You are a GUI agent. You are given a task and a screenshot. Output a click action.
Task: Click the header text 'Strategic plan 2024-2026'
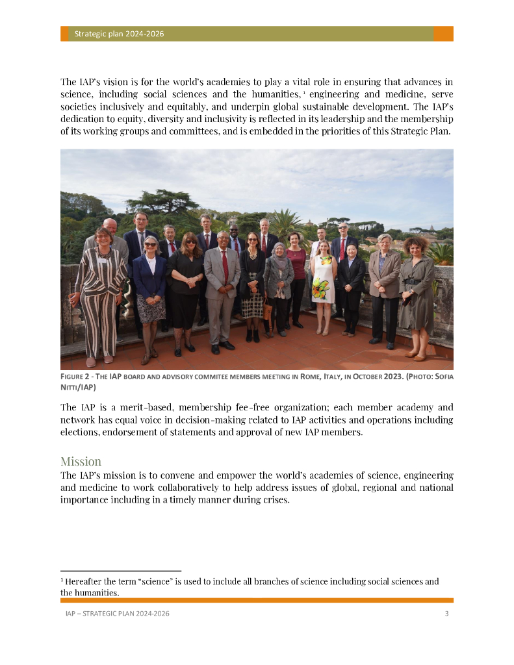pyautogui.click(x=118, y=34)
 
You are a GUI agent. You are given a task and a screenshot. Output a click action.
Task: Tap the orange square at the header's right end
pyautogui.click(x=443, y=34)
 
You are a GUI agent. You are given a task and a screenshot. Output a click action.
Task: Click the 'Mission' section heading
pyautogui.click(x=81, y=461)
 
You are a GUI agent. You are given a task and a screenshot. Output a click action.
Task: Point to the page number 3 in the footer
pyautogui.click(x=446, y=614)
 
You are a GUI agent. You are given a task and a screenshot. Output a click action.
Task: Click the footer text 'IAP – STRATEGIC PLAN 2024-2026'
pyautogui.click(x=118, y=614)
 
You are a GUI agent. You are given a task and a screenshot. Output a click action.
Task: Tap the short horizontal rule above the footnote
pyautogui.click(x=120, y=571)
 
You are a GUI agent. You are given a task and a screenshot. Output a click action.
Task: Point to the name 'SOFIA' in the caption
pyautogui.click(x=441, y=377)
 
